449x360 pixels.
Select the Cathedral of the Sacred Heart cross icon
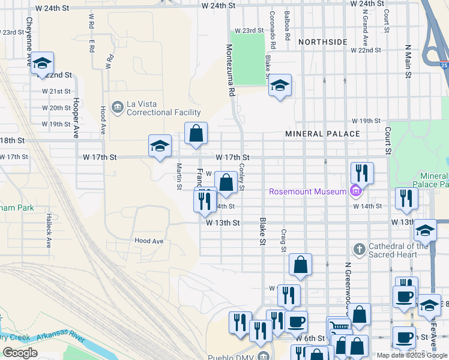tap(359, 249)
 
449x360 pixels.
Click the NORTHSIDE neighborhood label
tap(322, 42)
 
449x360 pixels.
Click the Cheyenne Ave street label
tap(29, 41)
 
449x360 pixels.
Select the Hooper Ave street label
tap(76, 118)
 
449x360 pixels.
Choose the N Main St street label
tap(408, 61)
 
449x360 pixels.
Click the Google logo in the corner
tap(20, 353)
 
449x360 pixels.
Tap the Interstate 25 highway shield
tap(443, 64)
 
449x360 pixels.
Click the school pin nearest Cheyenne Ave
tap(42, 63)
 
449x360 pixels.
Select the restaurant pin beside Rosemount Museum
tap(362, 173)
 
